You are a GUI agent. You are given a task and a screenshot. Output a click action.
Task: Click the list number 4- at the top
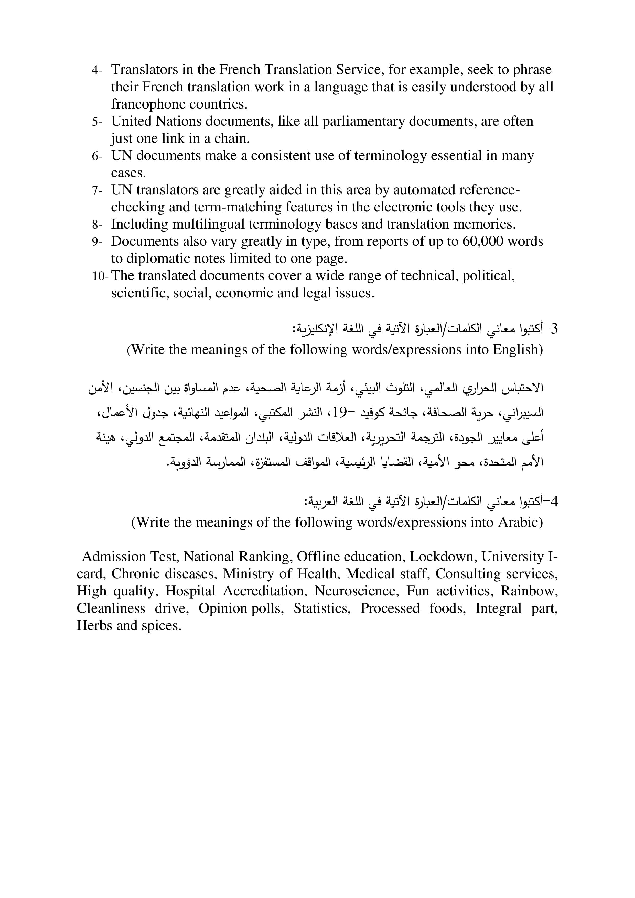96,70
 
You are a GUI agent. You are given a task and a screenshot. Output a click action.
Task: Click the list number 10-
100,276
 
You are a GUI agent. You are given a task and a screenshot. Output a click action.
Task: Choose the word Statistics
322,608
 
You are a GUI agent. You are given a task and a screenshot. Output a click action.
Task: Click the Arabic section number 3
553,329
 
